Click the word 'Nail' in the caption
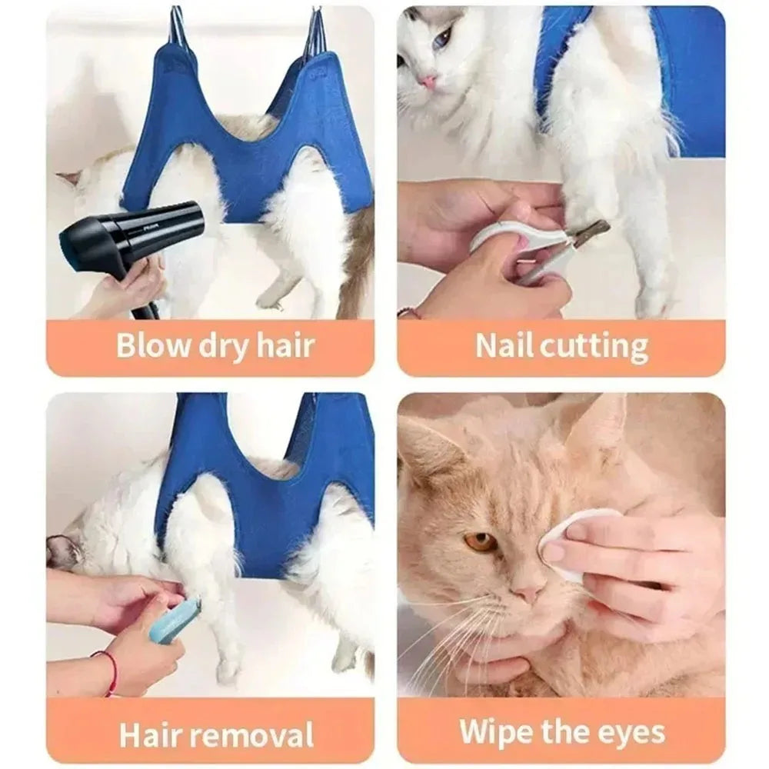(504, 345)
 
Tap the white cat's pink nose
(428, 82)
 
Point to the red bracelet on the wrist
(112, 669)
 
